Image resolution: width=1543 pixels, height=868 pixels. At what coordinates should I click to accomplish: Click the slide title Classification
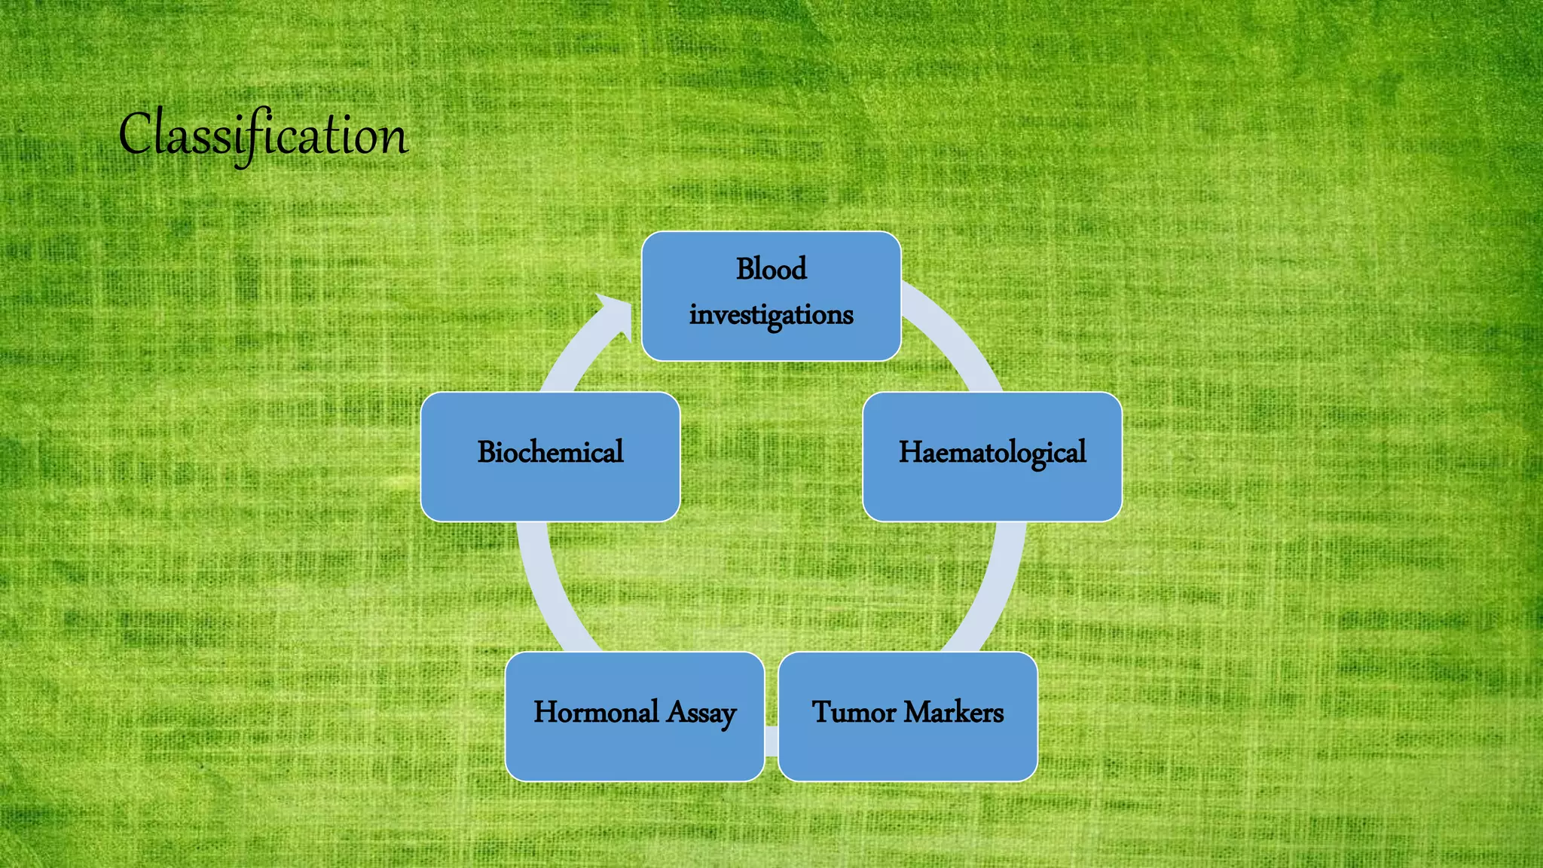[x=263, y=136]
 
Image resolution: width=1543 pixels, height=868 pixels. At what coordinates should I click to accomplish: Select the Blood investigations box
[x=771, y=296]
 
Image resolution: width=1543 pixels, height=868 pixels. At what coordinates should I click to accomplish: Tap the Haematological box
[x=992, y=457]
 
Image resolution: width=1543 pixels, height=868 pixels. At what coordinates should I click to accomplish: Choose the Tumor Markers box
[x=908, y=717]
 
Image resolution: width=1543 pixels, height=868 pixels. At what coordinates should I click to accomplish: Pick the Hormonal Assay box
[x=635, y=717]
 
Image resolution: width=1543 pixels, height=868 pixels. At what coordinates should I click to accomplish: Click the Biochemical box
[x=551, y=457]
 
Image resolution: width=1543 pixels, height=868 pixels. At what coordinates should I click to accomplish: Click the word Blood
[x=771, y=269]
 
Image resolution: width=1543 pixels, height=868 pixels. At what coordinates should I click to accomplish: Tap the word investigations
[x=771, y=315]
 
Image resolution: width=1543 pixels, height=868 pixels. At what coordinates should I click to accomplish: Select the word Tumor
[x=854, y=712]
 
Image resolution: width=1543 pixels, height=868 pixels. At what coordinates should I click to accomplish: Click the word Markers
[x=954, y=712]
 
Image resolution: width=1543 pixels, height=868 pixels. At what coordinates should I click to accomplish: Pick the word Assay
[x=701, y=714]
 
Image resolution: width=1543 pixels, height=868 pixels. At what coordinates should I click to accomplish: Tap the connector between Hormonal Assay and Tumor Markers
[x=771, y=741]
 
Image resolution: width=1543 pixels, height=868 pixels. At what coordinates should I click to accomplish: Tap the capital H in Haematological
[x=911, y=452]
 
